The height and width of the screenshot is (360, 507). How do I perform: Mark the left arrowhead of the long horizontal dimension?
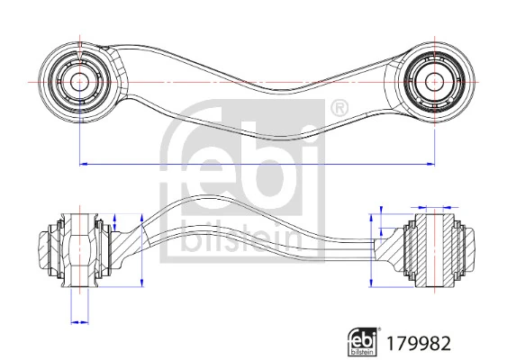84,164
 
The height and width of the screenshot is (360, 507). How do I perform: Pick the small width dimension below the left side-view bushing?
79,320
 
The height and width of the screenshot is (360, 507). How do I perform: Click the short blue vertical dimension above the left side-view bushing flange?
116,221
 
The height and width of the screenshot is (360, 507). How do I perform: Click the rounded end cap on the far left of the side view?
41,249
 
